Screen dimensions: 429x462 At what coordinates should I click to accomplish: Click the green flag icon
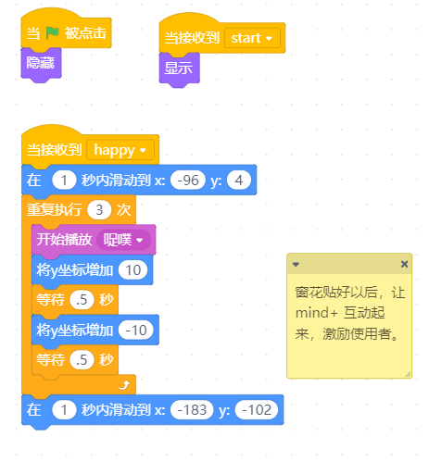point(52,32)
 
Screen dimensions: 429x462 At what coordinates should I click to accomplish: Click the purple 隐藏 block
point(41,64)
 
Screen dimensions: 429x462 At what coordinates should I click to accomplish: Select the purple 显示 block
point(179,69)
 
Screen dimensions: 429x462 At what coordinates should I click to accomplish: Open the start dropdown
point(252,38)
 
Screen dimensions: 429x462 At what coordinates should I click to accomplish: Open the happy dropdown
point(120,150)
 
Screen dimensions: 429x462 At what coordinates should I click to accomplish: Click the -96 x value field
point(188,181)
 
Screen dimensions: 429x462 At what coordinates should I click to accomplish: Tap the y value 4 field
point(239,181)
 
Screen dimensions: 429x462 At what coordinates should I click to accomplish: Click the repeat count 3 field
point(99,210)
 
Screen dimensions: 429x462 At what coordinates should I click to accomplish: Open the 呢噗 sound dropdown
point(123,240)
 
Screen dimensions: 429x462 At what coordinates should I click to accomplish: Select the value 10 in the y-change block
point(133,270)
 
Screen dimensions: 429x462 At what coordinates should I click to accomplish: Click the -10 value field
point(136,331)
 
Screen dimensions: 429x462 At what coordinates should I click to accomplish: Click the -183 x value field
point(192,410)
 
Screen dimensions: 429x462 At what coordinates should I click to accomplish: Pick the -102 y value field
point(257,410)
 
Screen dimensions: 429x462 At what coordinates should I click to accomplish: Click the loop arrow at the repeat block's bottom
point(124,385)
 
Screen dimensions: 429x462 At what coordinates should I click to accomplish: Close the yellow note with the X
point(404,264)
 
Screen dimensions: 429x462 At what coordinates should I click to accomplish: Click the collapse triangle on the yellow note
point(296,264)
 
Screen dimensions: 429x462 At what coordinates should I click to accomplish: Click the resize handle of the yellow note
point(408,374)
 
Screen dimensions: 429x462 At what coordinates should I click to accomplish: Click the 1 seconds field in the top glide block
point(64,181)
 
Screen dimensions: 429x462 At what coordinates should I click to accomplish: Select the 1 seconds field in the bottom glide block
point(64,410)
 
